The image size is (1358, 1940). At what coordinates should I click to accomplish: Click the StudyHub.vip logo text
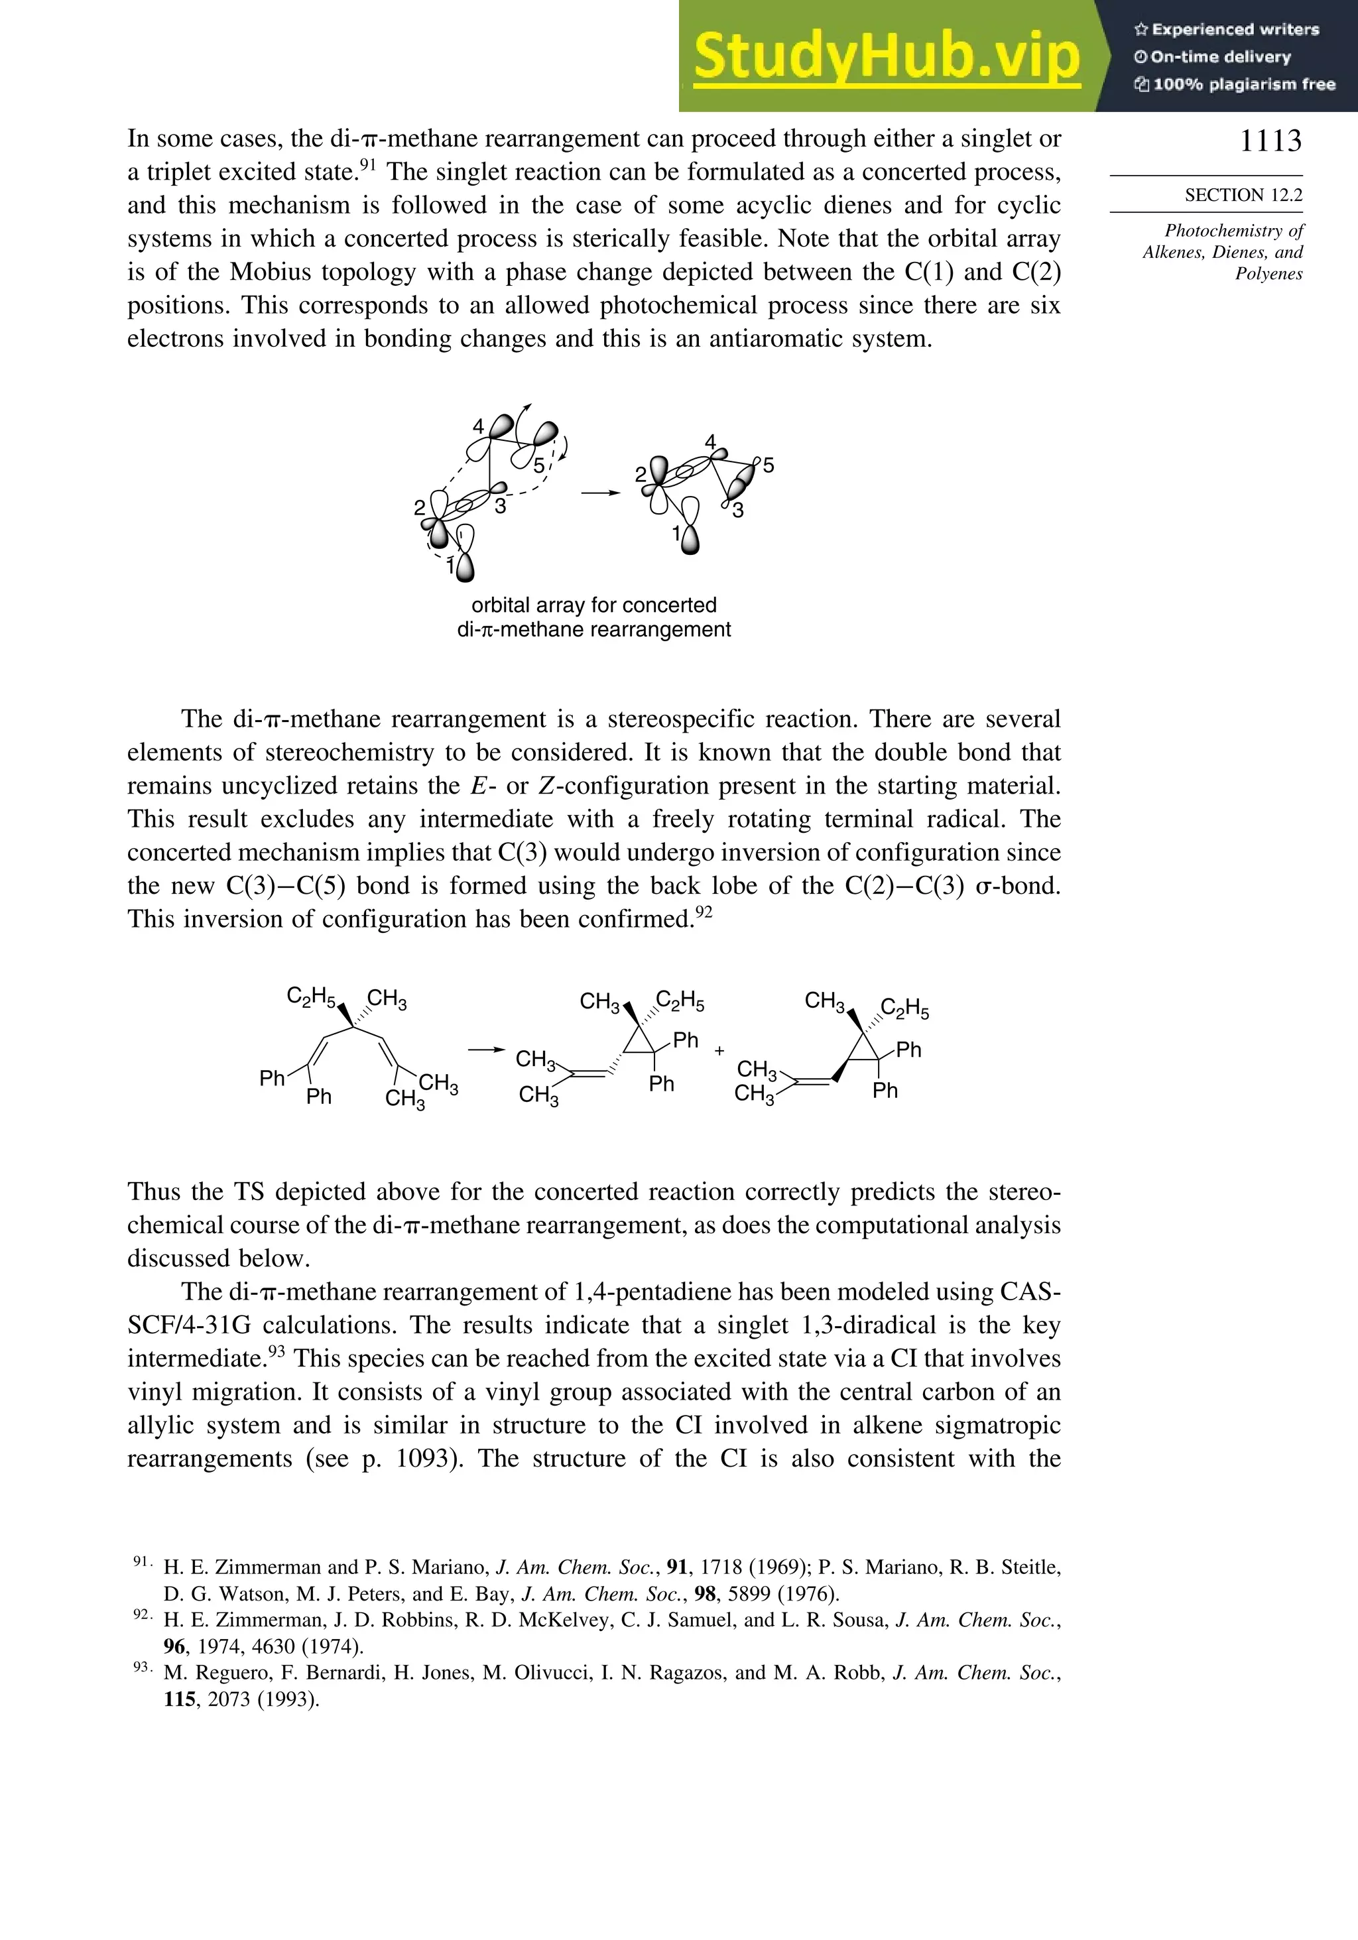pos(887,56)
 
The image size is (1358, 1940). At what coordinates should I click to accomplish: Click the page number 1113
pos(1270,141)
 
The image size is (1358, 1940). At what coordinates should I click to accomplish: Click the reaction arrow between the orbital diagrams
pos(601,492)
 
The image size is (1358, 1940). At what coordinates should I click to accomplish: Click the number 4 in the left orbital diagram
pos(478,427)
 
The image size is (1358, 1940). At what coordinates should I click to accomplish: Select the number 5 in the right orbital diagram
pos(767,465)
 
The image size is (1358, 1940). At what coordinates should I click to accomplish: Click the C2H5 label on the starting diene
pos(311,997)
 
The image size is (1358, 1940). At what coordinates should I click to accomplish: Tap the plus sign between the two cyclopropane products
pos(719,1051)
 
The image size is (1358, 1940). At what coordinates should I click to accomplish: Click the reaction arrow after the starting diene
pos(486,1050)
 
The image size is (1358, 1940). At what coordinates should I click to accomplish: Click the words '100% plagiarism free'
pos(1243,84)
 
